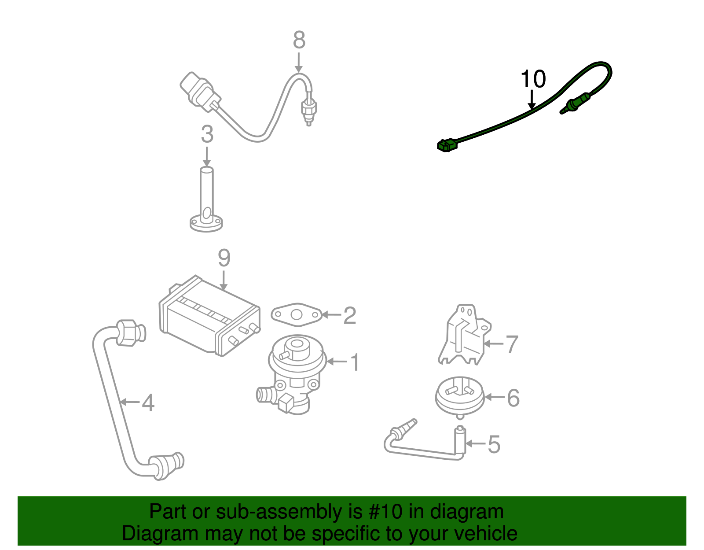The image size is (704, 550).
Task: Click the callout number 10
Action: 533,79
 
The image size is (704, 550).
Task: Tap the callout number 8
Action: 299,40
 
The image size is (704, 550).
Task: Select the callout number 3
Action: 207,134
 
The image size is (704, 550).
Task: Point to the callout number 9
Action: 224,258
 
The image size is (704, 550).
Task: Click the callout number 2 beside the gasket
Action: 349,315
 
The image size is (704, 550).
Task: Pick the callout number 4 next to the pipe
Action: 148,403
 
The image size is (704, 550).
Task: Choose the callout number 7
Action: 512,344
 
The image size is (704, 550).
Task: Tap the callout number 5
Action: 494,444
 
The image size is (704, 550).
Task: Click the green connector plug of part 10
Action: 447,145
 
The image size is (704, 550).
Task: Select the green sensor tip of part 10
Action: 572,105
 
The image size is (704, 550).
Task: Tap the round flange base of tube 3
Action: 206,223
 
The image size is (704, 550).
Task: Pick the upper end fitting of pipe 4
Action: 130,333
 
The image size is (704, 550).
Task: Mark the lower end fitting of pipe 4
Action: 166,465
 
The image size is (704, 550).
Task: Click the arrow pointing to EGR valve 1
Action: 337,362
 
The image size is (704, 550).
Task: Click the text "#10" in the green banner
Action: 382,512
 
